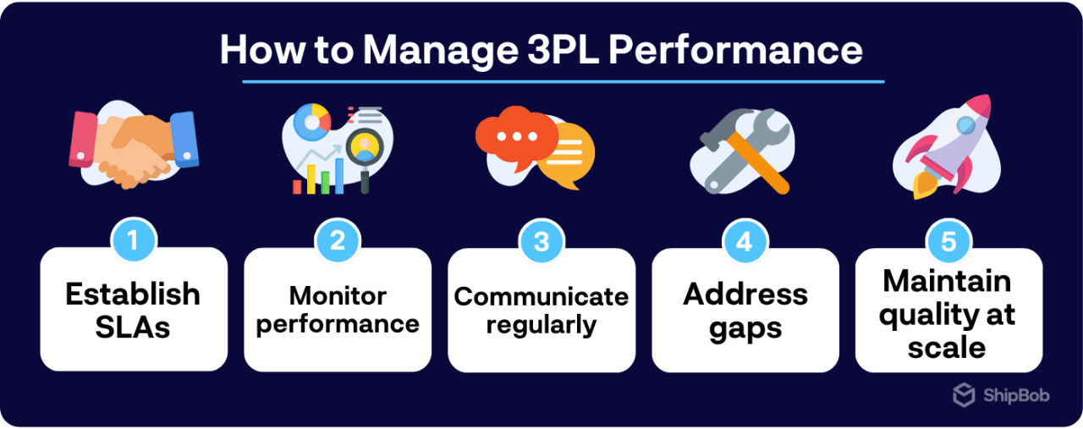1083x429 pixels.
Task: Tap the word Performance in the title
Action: pos(736,50)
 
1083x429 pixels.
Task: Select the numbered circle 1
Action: pos(134,242)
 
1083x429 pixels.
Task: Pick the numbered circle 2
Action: pos(338,242)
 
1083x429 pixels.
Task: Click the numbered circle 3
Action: pos(541,242)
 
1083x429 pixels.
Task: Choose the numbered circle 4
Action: pos(745,242)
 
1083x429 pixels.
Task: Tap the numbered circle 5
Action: pos(948,242)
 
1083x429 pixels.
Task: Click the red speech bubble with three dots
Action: pos(513,135)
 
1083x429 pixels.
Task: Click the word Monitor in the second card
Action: pos(338,295)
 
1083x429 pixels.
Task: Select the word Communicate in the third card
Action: pos(541,297)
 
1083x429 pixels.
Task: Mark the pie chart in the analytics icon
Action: pos(311,119)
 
